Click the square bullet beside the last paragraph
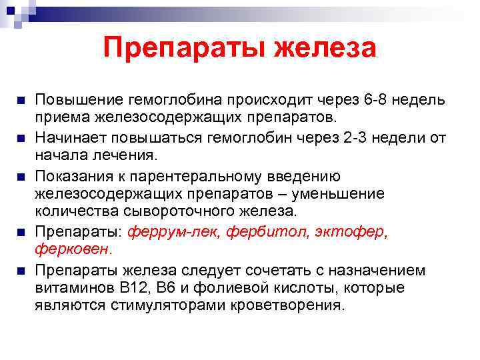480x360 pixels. (x=20, y=271)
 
